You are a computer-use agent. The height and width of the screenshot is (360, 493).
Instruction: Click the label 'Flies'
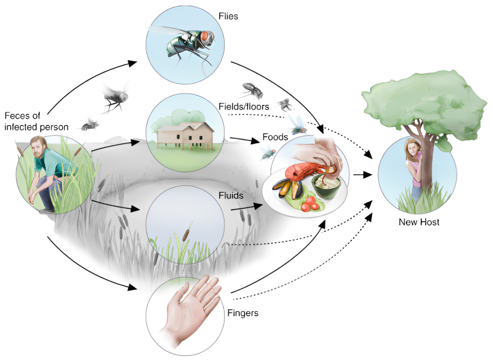click(x=228, y=17)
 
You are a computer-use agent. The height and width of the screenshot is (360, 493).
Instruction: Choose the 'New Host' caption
click(x=419, y=222)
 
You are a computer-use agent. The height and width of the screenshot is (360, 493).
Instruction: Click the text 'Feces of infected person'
click(x=37, y=121)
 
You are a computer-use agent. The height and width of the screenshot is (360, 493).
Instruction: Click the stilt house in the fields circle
click(x=185, y=135)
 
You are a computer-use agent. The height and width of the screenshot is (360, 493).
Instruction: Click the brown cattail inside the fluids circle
click(x=186, y=234)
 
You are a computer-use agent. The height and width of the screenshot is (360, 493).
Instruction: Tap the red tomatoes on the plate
click(x=310, y=205)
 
